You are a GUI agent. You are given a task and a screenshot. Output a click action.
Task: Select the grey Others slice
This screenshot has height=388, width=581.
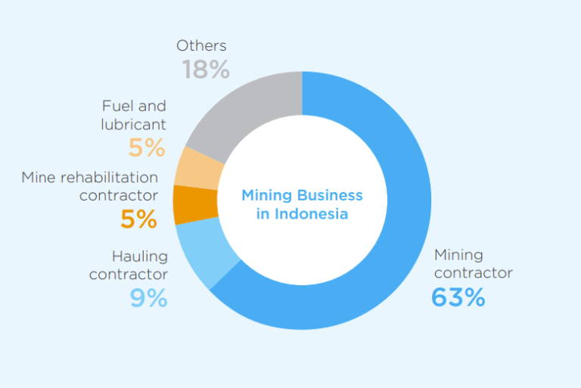pyautogui.click(x=242, y=106)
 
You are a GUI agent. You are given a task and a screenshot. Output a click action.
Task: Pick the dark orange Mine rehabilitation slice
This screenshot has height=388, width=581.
pyautogui.click(x=186, y=204)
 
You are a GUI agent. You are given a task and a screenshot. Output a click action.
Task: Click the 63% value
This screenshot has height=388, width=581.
pyautogui.click(x=458, y=297)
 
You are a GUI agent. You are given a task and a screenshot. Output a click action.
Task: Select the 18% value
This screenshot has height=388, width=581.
pyautogui.click(x=205, y=70)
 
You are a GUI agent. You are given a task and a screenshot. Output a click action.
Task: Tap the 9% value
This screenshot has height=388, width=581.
pyautogui.click(x=148, y=298)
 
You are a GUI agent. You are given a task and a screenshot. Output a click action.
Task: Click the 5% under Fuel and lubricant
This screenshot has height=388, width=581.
pyautogui.click(x=146, y=147)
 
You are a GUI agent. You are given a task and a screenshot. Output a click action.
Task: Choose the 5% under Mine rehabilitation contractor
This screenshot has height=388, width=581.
pyautogui.click(x=139, y=219)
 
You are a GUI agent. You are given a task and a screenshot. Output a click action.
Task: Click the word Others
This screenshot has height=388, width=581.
pyautogui.click(x=202, y=45)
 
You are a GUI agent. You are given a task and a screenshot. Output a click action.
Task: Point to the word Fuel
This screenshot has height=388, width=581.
pyautogui.click(x=117, y=106)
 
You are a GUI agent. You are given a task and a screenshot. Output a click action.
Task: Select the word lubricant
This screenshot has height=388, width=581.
pyautogui.click(x=133, y=124)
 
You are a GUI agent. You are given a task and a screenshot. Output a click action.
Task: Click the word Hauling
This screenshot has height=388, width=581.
pyautogui.click(x=139, y=256)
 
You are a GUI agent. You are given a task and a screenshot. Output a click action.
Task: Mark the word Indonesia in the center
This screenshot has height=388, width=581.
pyautogui.click(x=311, y=214)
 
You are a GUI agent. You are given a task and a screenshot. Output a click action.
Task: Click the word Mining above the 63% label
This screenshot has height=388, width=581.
pyautogui.click(x=458, y=255)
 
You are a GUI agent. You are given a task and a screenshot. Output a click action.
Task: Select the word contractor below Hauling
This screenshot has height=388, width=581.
pyautogui.click(x=129, y=274)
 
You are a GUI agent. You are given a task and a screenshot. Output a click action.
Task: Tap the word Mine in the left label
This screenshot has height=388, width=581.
pyautogui.click(x=37, y=178)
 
